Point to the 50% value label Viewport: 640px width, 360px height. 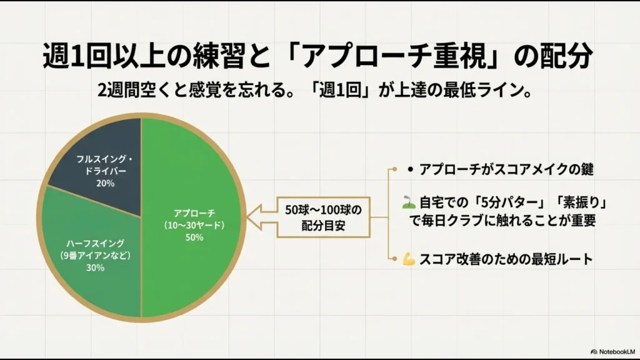[194, 237]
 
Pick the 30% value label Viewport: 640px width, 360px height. [96, 268]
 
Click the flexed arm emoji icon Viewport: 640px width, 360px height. [409, 260]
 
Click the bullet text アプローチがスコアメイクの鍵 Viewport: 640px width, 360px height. [506, 169]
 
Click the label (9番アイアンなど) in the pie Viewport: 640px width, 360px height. [96, 255]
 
